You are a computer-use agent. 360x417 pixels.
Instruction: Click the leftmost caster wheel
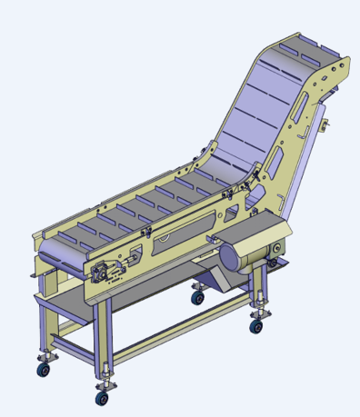pyautogui.click(x=43, y=369)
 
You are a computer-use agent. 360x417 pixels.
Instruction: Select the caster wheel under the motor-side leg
pyautogui.click(x=257, y=324)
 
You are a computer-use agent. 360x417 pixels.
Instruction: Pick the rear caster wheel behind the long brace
pyautogui.click(x=197, y=296)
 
